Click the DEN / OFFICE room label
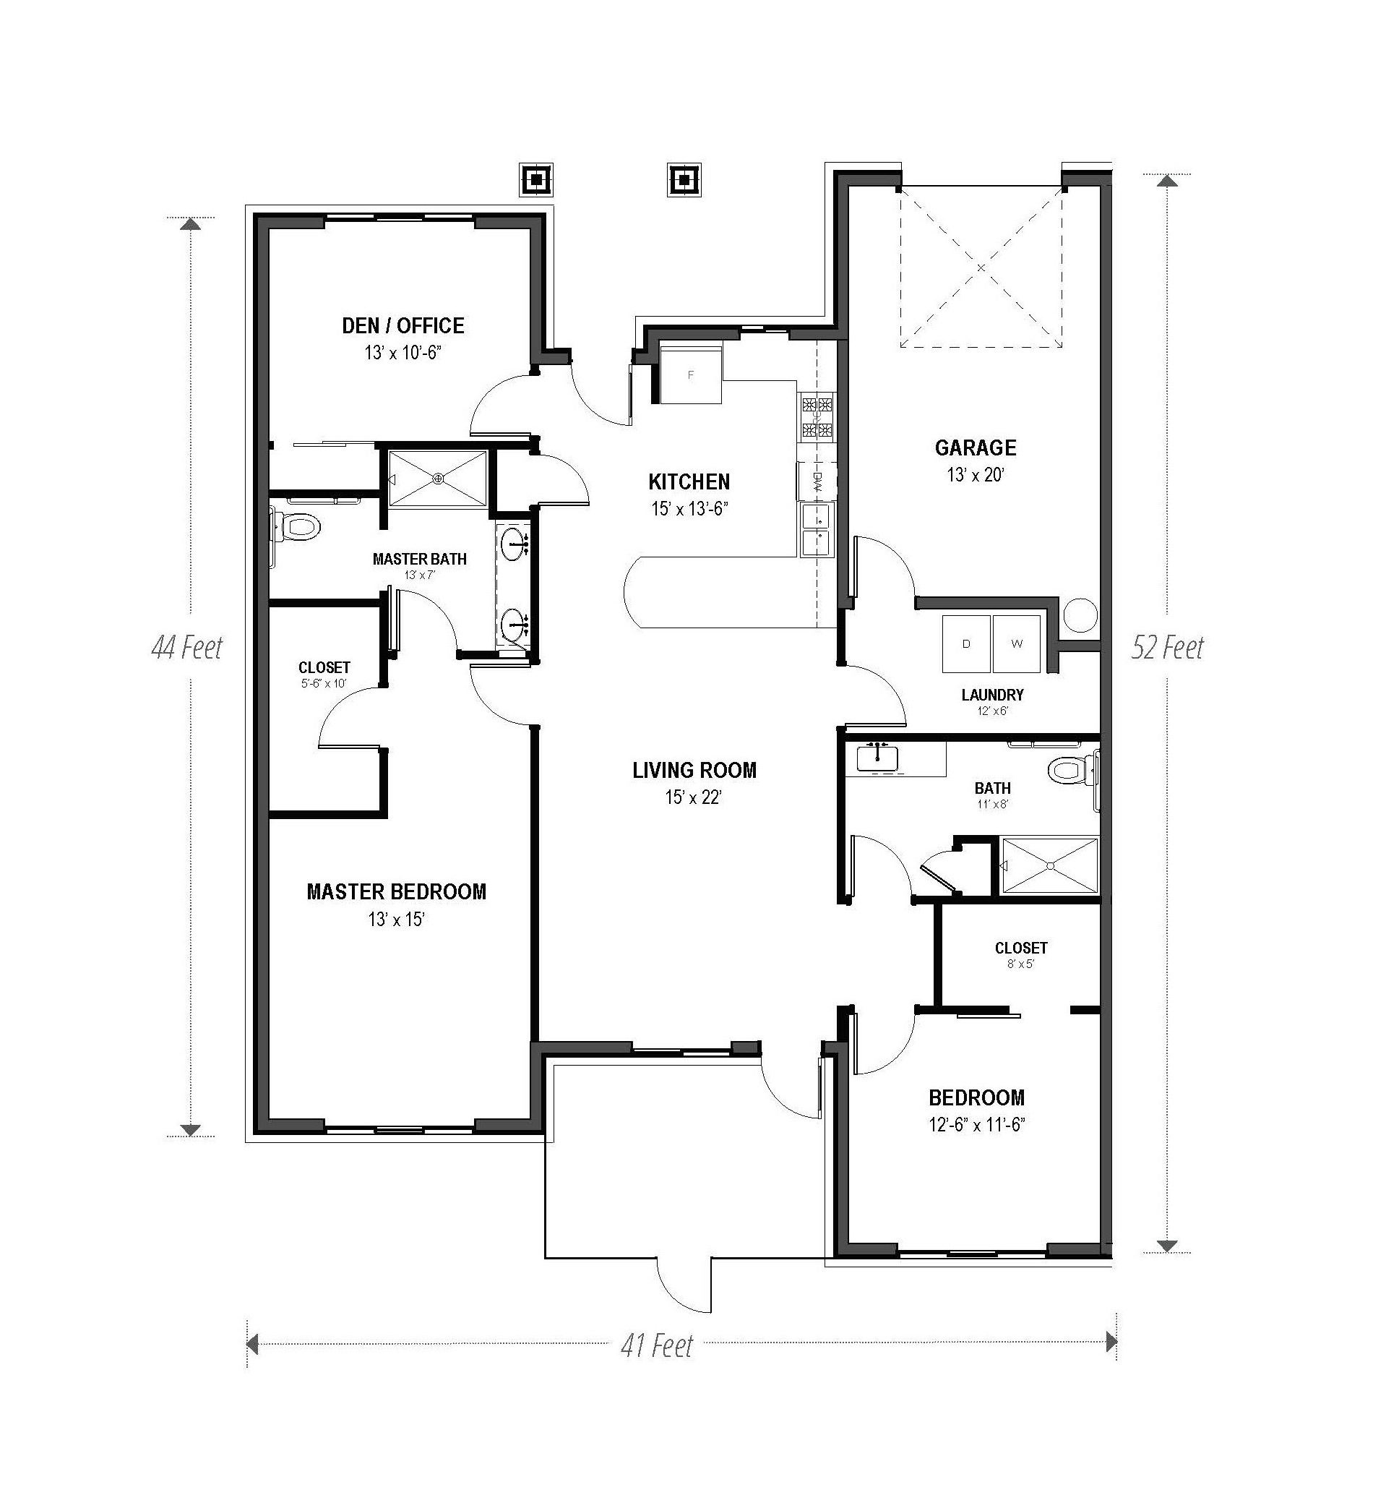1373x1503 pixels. (x=403, y=326)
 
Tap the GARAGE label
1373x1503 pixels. (x=976, y=448)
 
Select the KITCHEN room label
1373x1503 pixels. (x=689, y=481)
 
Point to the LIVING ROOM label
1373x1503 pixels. (x=694, y=770)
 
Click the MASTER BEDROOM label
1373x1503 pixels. (x=397, y=891)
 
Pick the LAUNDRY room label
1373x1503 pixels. (x=992, y=695)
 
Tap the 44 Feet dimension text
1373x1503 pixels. (x=186, y=647)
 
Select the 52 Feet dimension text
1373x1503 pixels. (x=1167, y=647)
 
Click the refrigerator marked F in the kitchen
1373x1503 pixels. (x=691, y=374)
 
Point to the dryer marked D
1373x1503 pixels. (x=966, y=643)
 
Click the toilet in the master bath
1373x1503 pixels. (x=298, y=527)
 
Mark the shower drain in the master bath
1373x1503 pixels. (x=439, y=478)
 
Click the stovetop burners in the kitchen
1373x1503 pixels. (x=816, y=418)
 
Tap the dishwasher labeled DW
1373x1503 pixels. (x=817, y=481)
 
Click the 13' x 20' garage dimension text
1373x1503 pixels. (x=976, y=475)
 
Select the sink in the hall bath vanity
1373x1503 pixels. (x=877, y=758)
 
